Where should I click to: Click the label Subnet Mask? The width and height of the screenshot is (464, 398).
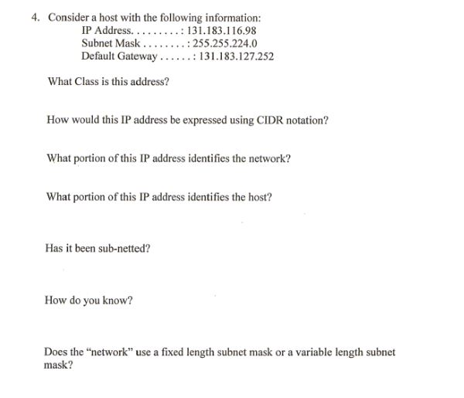pos(110,43)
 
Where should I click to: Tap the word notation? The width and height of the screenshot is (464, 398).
pos(304,121)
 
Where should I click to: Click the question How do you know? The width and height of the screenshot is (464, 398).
pos(89,301)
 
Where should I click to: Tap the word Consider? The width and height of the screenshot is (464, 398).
pos(70,17)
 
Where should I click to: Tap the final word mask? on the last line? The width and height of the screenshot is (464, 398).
pos(59,366)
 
